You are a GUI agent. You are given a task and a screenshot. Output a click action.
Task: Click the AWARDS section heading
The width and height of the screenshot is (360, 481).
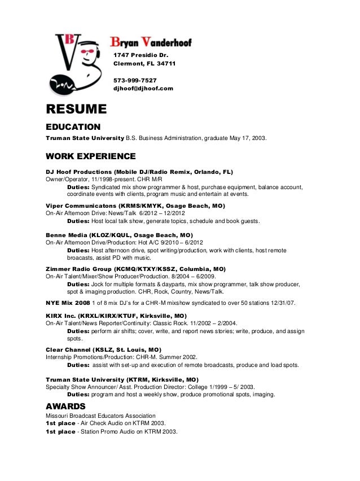[x=65, y=406]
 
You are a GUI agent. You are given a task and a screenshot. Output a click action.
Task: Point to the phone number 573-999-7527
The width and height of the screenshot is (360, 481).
[x=135, y=80]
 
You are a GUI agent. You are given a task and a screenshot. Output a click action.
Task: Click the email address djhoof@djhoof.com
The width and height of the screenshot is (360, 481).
[x=143, y=89]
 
